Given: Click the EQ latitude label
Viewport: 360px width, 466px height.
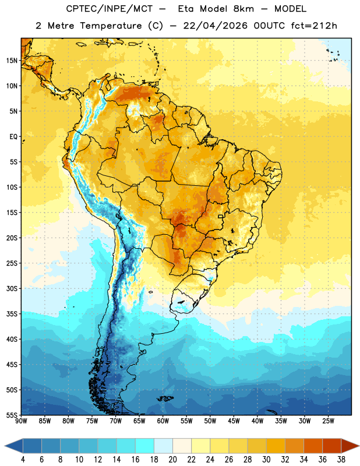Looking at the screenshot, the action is click(13, 137).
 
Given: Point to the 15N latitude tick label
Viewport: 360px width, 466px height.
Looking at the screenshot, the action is click(12, 61).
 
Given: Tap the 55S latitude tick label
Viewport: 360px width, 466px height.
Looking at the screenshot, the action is click(12, 415).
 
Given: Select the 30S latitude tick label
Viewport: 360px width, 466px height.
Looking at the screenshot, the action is click(12, 288).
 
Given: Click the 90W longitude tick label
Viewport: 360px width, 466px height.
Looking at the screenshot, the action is click(21, 421).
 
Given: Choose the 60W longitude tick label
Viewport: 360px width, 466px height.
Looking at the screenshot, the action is click(163, 421).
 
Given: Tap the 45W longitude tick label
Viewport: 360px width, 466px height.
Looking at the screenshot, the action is click(234, 421).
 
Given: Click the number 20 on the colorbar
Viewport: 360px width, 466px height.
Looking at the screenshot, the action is click(172, 460).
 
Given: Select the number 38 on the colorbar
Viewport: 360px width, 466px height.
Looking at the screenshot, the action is click(341, 460).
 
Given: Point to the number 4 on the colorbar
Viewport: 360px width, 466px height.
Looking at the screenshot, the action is click(23, 460).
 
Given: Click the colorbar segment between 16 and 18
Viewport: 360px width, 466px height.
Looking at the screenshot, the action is click(145, 446).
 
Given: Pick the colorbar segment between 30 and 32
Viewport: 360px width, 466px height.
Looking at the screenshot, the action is click(276, 446).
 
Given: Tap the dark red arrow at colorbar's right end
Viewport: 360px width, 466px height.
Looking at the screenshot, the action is click(350, 446).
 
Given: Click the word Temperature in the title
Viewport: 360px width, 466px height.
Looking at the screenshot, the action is click(111, 26).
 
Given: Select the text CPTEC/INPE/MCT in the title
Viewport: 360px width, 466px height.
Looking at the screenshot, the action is click(109, 9).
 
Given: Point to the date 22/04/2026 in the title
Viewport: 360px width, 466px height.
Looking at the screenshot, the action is click(215, 26).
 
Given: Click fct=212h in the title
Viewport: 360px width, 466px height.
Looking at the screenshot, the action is click(314, 26).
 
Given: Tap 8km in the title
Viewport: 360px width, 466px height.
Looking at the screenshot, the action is click(243, 9).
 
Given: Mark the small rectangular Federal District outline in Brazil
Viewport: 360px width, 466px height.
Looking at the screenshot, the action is click(221, 216).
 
